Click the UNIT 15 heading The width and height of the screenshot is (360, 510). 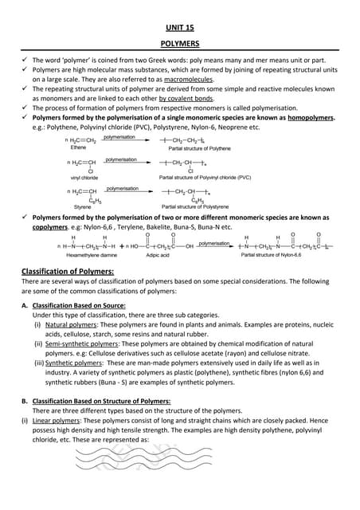179,26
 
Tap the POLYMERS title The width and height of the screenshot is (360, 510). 179,45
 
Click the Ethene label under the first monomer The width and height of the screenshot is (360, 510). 78,147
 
